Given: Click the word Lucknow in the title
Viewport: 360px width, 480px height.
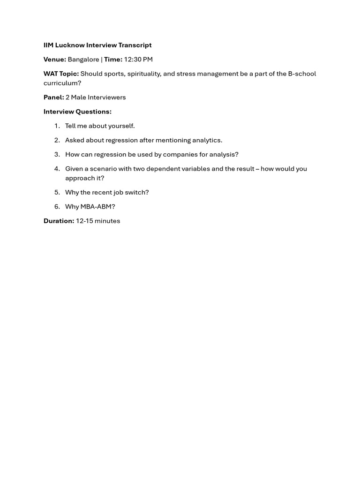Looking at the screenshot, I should point(70,45).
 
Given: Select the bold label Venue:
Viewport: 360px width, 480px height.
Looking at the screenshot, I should point(55,60).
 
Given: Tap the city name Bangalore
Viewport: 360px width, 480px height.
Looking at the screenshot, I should point(83,60).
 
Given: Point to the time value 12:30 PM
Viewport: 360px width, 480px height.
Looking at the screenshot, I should point(138,60).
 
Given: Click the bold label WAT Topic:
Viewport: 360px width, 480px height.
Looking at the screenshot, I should point(61,74).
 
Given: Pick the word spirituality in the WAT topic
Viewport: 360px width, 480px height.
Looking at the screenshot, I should point(143,74).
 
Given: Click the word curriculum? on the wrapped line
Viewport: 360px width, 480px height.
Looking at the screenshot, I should point(62,83).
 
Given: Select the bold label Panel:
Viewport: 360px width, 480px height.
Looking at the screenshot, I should point(54,97).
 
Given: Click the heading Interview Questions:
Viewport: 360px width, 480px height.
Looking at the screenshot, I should point(77,112).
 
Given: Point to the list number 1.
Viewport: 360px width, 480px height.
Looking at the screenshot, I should point(57,126).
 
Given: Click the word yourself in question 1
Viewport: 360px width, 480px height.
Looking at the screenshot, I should point(122,126).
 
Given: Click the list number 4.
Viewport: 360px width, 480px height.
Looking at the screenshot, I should point(57,169).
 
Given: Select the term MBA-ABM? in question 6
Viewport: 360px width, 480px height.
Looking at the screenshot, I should point(97,207).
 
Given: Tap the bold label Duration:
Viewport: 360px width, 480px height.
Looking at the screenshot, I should point(59,221).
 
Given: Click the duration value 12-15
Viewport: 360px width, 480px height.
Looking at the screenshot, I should point(84,221).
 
